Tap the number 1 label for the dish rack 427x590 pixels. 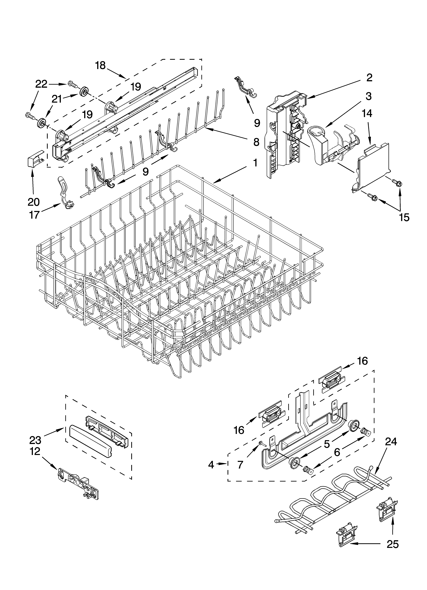pos(255,163)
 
